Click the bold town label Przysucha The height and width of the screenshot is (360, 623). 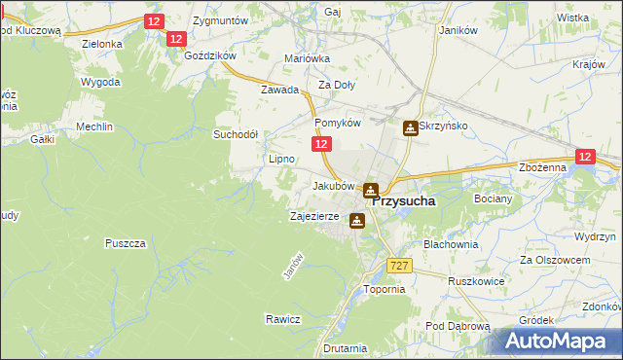coord(403,200)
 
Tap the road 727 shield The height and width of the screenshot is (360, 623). coord(398,266)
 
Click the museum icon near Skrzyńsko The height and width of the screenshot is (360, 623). coord(412,127)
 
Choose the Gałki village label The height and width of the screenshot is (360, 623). coord(42,140)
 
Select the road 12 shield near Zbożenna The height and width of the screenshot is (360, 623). coord(584,157)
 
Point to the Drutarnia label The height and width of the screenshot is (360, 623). coord(346,347)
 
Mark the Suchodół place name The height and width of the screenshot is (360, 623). coord(236,134)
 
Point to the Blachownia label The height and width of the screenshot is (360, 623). coord(451,244)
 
